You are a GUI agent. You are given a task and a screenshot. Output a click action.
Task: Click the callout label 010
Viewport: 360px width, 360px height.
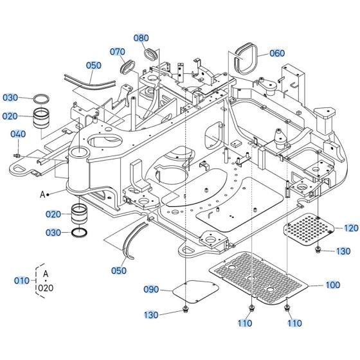(x=21, y=281)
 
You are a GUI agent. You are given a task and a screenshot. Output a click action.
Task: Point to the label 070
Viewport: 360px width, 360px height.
(x=117, y=51)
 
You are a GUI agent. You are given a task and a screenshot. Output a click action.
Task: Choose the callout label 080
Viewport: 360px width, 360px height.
(x=141, y=38)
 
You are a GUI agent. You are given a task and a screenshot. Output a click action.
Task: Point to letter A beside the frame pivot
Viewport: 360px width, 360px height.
(x=43, y=192)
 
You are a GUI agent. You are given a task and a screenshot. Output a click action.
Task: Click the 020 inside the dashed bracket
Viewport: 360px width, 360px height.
(x=46, y=287)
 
